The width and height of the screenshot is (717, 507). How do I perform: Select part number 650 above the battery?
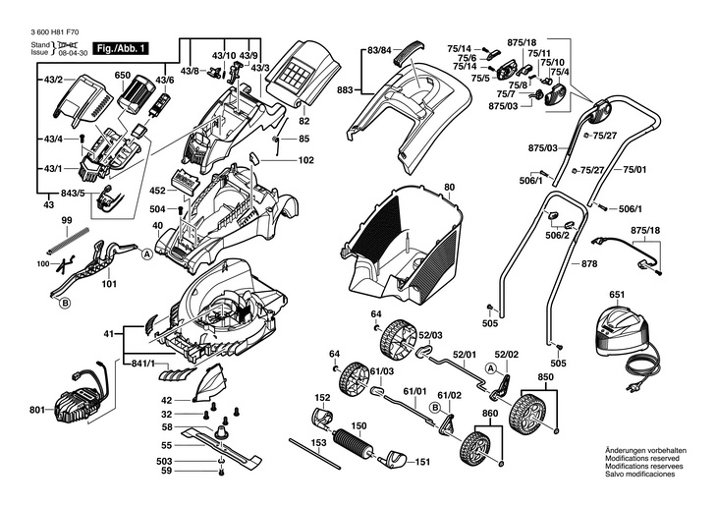pyautogui.click(x=122, y=75)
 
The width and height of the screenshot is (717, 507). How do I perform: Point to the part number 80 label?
pyautogui.click(x=450, y=187)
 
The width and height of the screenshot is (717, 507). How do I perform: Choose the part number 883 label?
pyautogui.click(x=344, y=90)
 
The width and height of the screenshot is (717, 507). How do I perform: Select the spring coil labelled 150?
pyautogui.click(x=355, y=445)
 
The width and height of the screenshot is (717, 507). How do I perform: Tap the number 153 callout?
pyautogui.click(x=318, y=443)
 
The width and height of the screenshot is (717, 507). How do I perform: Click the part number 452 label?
pyautogui.click(x=157, y=192)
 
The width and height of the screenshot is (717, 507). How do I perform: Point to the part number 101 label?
pyautogui.click(x=109, y=284)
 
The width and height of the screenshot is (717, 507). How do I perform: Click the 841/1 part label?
pyautogui.click(x=143, y=365)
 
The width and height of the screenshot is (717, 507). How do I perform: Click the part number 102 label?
pyautogui.click(x=305, y=159)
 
